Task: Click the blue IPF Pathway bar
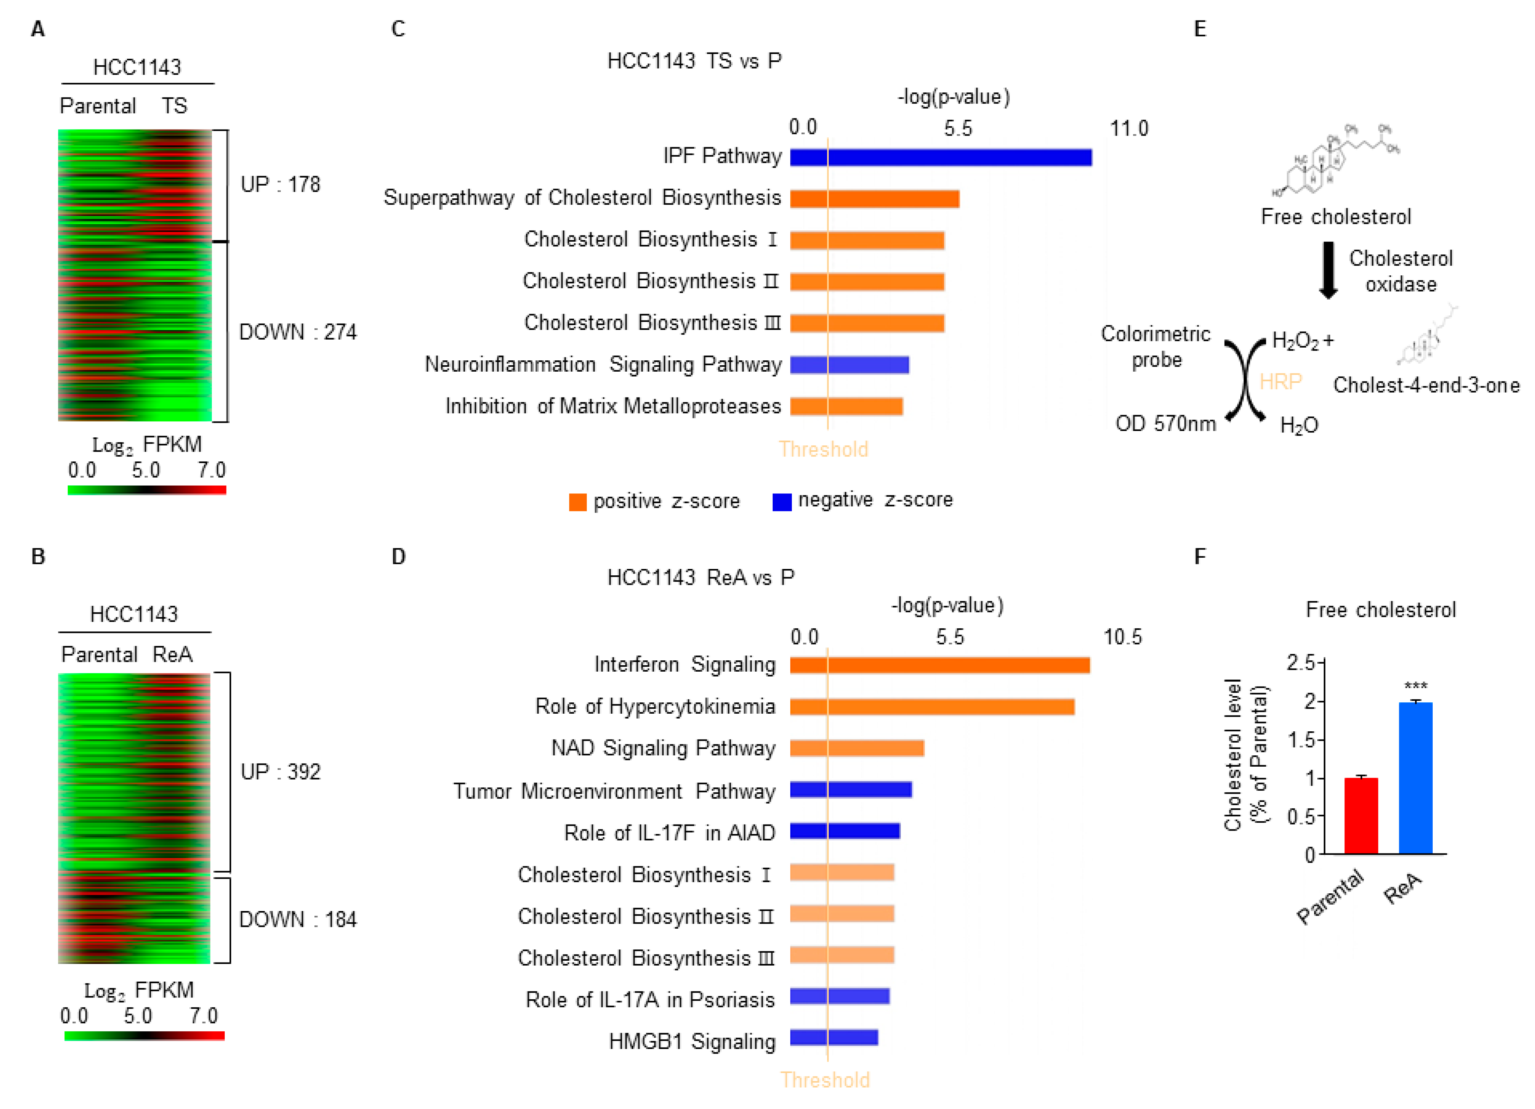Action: (941, 157)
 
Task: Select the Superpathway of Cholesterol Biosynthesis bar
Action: (875, 198)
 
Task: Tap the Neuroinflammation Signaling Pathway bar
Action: (850, 365)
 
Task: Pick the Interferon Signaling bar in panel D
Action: (939, 665)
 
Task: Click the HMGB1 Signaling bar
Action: (834, 1037)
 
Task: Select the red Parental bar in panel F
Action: (1360, 815)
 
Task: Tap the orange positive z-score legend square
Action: (577, 502)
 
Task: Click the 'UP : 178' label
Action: (280, 184)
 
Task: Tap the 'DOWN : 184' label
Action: (298, 919)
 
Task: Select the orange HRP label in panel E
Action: (1280, 382)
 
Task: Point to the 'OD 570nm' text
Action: (1166, 424)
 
